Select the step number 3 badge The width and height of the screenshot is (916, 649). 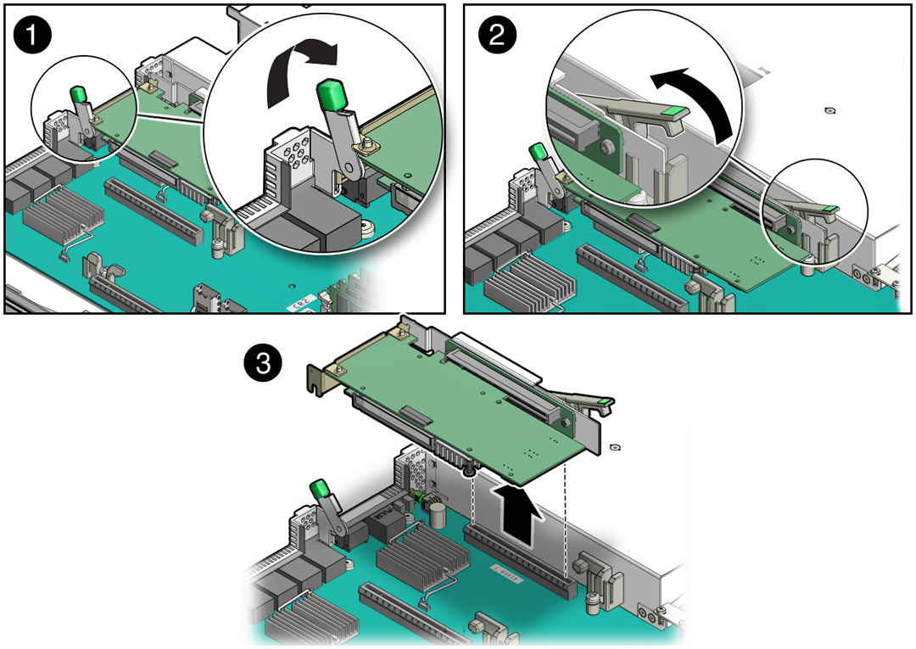tap(262, 364)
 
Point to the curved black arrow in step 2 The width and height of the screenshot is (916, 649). tap(697, 103)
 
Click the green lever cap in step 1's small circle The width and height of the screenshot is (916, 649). tap(78, 92)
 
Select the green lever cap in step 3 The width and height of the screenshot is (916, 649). tap(320, 490)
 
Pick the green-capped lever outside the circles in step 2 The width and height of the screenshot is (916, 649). tap(536, 154)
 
